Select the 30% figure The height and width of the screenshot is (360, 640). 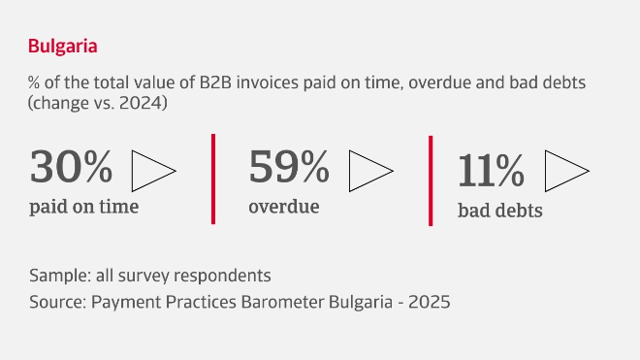click(x=71, y=168)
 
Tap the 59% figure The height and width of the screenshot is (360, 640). click(x=289, y=168)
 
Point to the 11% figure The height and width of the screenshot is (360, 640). click(x=491, y=171)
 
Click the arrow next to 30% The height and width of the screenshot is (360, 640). click(x=153, y=170)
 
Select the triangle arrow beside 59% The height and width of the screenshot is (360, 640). click(x=370, y=170)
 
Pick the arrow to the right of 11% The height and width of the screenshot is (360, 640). click(x=567, y=172)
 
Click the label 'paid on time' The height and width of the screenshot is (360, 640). click(x=83, y=206)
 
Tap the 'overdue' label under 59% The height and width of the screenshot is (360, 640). click(x=284, y=206)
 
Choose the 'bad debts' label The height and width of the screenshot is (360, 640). click(x=499, y=210)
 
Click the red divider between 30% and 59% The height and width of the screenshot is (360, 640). click(x=213, y=179)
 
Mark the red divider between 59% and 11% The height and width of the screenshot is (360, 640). click(x=431, y=180)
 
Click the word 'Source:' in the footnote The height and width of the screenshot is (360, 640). click(x=58, y=301)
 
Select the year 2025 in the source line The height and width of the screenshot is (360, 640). click(x=430, y=301)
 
